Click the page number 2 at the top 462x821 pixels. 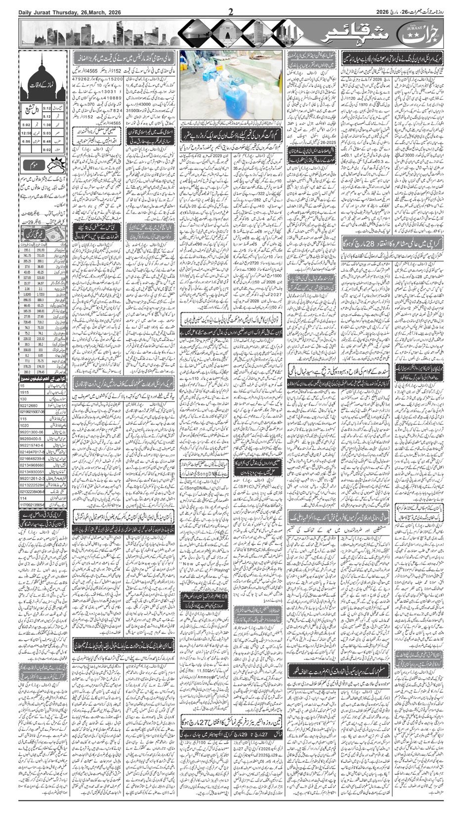click(230, 10)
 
